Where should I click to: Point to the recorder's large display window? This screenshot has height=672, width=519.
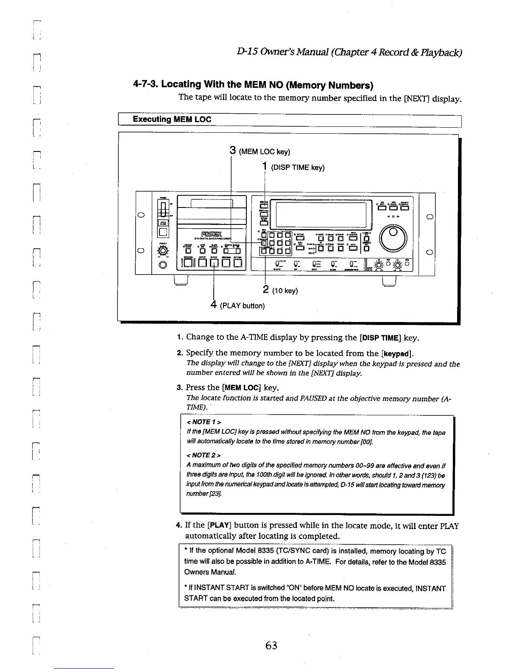pyautogui.click(x=321, y=215)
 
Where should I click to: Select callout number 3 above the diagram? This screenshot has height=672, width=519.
pyautogui.click(x=232, y=151)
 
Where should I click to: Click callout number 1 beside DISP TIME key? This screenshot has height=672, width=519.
pyautogui.click(x=265, y=167)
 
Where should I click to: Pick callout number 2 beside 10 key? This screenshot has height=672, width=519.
pyautogui.click(x=265, y=290)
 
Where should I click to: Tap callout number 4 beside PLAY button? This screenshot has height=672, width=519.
pyautogui.click(x=214, y=305)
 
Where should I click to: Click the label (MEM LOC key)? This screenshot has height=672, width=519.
pyautogui.click(x=265, y=152)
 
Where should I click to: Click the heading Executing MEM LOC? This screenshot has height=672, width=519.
pyautogui.click(x=172, y=119)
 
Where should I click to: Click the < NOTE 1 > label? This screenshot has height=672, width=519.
pyautogui.click(x=204, y=422)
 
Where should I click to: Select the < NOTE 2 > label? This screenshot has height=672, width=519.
pyautogui.click(x=204, y=455)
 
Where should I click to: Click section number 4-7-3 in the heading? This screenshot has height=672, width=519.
pyautogui.click(x=145, y=84)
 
